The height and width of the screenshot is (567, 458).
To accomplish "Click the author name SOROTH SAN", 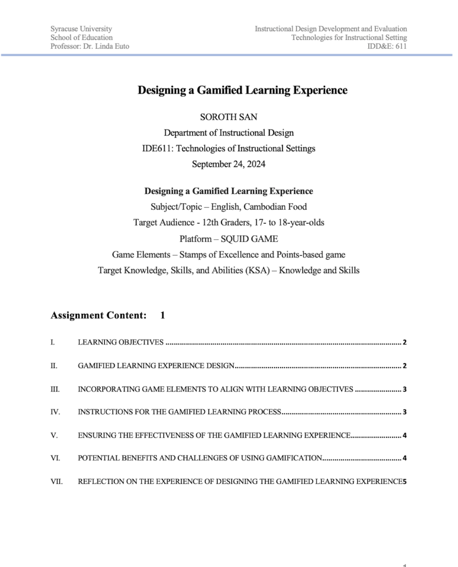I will tap(229, 117).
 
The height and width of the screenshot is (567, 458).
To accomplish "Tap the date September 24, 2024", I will tap(229, 164).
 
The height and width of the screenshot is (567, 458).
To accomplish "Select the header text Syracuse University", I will tap(81, 29).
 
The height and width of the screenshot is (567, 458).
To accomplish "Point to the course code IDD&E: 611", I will tap(387, 47).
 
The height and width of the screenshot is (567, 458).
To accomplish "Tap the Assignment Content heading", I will tap(99, 316).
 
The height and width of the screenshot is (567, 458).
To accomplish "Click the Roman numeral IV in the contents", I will tap(55, 412).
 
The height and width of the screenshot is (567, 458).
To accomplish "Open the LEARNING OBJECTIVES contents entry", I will tap(121, 343).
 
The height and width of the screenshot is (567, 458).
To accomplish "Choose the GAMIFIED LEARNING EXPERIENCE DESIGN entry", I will tap(157, 366).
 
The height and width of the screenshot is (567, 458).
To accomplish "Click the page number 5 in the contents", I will tap(405, 482).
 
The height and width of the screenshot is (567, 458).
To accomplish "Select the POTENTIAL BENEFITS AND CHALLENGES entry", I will tap(200, 458).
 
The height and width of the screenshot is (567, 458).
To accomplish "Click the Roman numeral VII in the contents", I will tap(56, 482).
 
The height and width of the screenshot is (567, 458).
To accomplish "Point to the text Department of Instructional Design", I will tap(229, 133).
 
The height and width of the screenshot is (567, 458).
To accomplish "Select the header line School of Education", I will tap(81, 38).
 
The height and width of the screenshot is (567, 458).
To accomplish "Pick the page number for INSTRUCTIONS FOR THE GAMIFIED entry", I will tap(405, 413).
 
